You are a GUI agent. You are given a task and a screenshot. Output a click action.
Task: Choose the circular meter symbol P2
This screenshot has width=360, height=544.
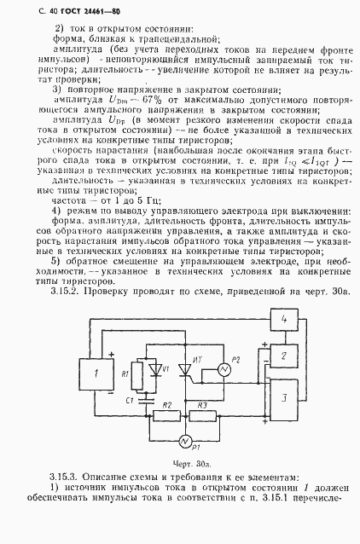[x=226, y=369]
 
